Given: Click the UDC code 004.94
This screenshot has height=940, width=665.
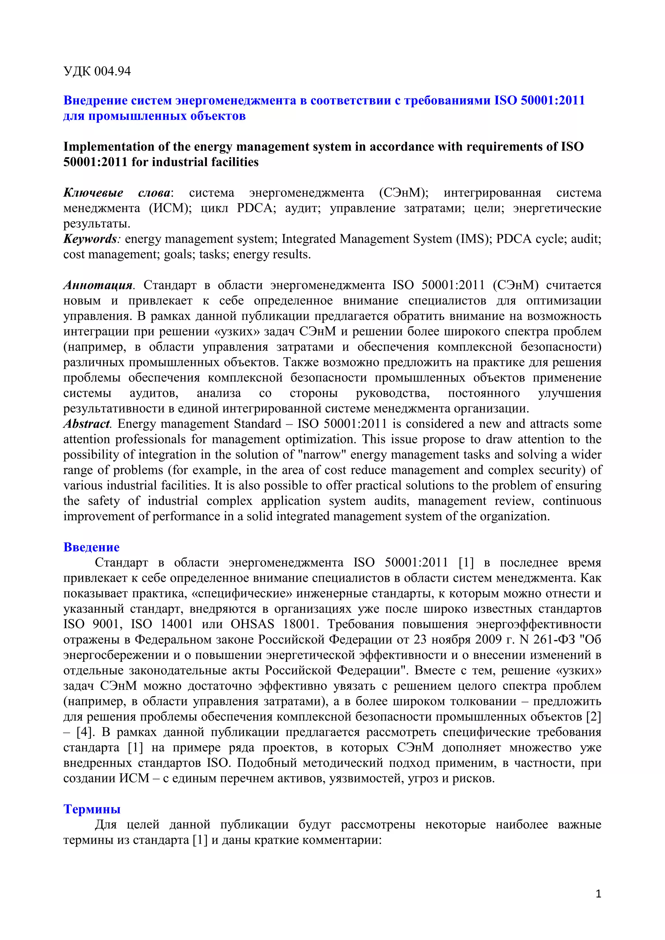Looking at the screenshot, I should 112,71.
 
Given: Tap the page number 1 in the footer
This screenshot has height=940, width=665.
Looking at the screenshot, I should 598,894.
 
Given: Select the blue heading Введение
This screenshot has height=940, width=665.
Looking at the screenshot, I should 91,547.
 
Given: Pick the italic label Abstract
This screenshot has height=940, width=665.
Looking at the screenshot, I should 86,424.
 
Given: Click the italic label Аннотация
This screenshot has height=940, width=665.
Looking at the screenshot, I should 98,285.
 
